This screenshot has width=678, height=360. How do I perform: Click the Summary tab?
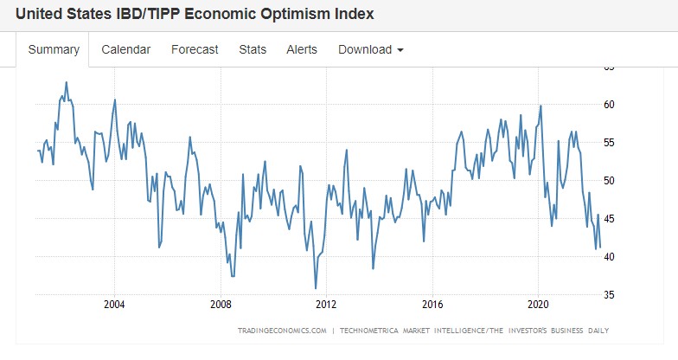click(x=54, y=50)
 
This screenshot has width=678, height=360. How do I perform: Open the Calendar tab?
click(x=125, y=50)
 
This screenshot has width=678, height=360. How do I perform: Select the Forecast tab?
click(x=195, y=50)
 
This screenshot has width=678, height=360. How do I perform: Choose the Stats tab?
click(x=253, y=50)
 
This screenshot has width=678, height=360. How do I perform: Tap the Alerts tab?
click(x=302, y=50)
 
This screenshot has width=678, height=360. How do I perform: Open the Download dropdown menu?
click(x=371, y=50)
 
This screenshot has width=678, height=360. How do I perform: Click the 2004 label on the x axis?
click(x=114, y=305)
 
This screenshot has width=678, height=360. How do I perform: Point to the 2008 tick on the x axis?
click(x=221, y=305)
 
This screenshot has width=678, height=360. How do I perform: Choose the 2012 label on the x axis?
click(x=326, y=305)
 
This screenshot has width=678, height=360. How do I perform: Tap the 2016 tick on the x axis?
click(x=432, y=305)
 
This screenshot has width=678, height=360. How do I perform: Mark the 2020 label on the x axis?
click(x=538, y=305)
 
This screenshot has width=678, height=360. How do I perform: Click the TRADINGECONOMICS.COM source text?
click(x=282, y=331)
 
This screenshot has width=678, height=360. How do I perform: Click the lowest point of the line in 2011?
click(x=316, y=288)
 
